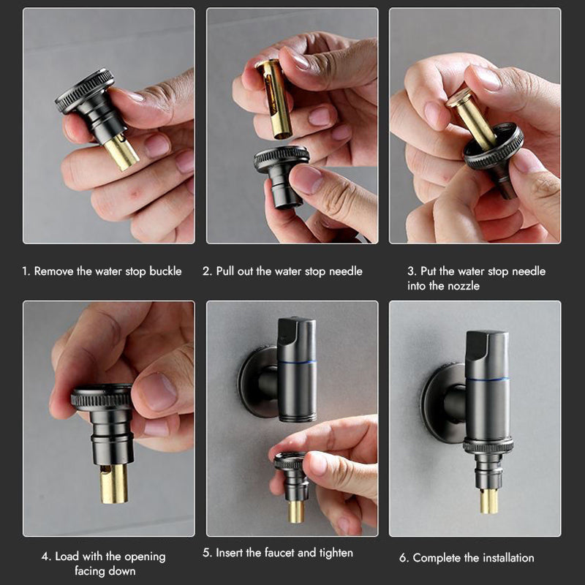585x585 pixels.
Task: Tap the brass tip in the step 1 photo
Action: [121, 151]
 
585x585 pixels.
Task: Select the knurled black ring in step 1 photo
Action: [85, 91]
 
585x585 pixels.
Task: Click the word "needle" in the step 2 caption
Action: [345, 271]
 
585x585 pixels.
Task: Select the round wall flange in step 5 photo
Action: [254, 381]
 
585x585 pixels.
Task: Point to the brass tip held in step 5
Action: [295, 511]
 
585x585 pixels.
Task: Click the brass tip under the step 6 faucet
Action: [488, 501]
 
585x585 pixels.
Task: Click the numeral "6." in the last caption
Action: [404, 558]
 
